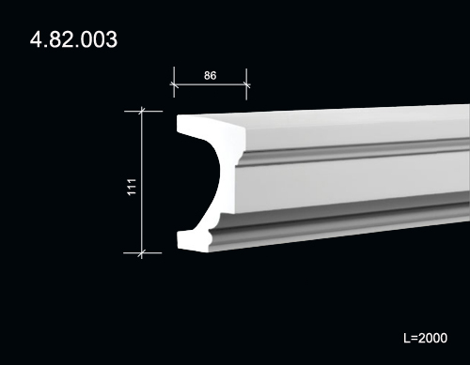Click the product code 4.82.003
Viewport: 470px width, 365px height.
(73, 39)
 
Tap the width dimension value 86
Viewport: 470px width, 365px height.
(210, 75)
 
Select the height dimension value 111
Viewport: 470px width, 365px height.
(132, 187)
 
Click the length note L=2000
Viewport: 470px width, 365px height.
(425, 338)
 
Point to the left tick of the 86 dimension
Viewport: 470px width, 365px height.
(174, 84)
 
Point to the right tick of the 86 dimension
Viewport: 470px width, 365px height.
(246, 84)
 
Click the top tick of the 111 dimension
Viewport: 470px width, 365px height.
(142, 111)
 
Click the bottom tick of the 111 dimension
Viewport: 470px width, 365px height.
(142, 252)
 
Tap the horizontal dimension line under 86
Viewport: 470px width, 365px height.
(211, 84)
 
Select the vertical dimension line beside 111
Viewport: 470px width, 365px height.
(142, 182)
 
